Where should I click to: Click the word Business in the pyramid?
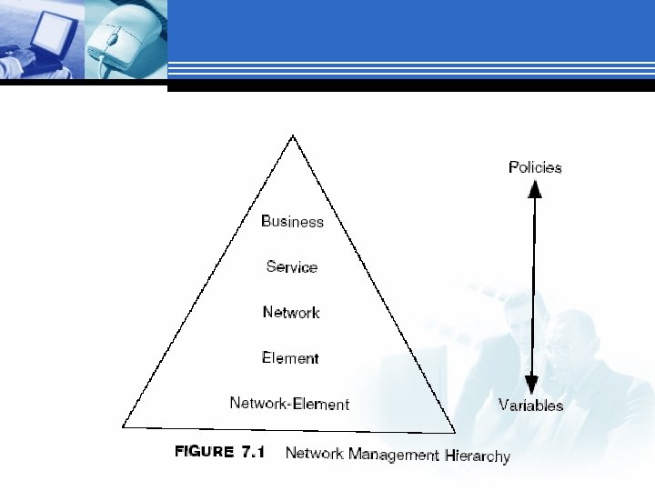point(292,221)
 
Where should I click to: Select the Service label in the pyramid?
point(292,266)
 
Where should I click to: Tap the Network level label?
point(291,312)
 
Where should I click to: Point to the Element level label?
point(290,357)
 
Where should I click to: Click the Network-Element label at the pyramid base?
point(289,404)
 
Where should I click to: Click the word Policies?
point(535,167)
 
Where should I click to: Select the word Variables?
point(530,406)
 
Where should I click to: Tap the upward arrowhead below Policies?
point(535,189)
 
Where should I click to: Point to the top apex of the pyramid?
point(292,136)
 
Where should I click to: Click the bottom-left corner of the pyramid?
point(124,425)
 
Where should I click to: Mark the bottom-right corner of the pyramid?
point(454,431)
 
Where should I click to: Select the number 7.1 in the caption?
point(252,452)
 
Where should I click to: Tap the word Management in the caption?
point(382,454)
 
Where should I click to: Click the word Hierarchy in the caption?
point(478,456)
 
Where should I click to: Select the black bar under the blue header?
point(409,86)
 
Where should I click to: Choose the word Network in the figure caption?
point(309,453)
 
